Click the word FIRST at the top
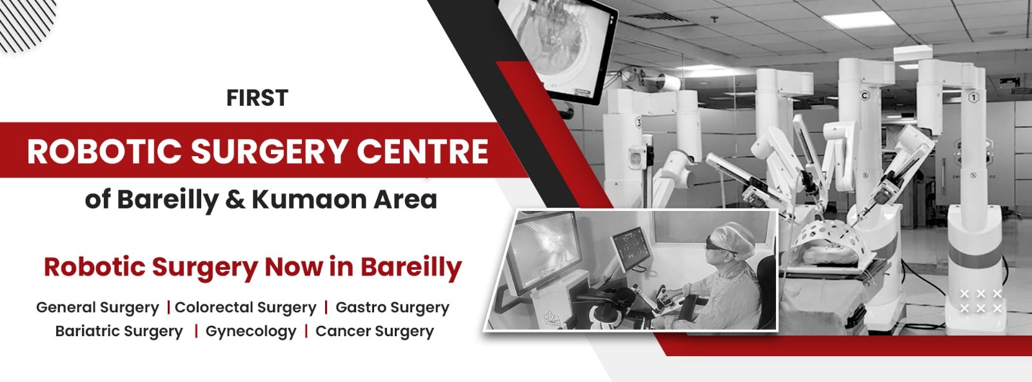coord(257,98)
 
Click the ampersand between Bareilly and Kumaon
coord(235,199)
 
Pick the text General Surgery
coord(97,308)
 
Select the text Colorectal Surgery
coord(246,308)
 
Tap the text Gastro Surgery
coord(392,308)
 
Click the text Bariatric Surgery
coord(119,332)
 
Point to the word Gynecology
coord(251,332)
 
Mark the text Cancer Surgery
coord(375,332)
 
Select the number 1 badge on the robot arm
coord(973,97)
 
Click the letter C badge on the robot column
coord(865,96)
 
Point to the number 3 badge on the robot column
coord(638,123)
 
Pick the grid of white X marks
coord(981,301)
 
